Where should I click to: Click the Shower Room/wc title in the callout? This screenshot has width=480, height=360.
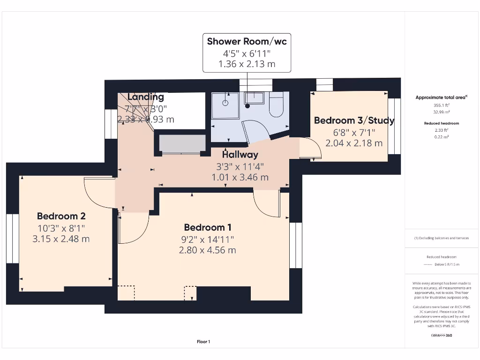247,41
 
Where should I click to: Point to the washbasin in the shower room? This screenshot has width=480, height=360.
254,98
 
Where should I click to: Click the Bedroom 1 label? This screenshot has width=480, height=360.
207,227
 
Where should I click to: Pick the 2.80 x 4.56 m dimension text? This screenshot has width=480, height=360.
207,250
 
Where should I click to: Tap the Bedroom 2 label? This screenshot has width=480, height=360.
61,216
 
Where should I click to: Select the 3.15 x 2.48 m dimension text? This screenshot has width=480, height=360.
61,239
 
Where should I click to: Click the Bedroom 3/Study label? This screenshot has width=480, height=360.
354,120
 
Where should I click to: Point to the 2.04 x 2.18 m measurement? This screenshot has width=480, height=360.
354,143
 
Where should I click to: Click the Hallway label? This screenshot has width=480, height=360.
240,154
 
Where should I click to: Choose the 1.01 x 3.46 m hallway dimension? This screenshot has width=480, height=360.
240,177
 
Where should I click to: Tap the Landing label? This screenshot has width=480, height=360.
146,97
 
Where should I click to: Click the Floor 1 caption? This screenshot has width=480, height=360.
203,342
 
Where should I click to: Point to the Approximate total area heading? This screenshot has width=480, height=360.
442,97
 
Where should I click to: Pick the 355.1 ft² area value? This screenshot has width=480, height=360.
442,105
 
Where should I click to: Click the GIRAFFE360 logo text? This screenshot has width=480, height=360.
442,335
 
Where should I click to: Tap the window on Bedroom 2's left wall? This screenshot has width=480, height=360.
12,239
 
